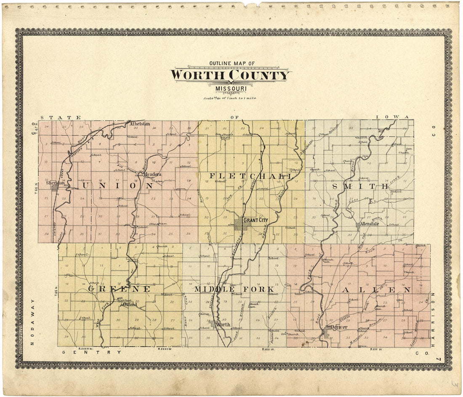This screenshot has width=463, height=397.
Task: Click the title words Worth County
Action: click(x=230, y=75)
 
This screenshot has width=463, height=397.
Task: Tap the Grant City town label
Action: click(x=255, y=220)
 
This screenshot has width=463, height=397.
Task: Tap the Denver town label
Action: click(x=338, y=327)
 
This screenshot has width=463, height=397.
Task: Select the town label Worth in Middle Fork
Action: click(x=222, y=325)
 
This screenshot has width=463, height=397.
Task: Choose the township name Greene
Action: click(x=119, y=289)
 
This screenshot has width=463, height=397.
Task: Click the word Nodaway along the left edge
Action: click(x=32, y=322)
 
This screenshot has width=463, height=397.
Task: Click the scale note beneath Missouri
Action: click(x=229, y=98)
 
